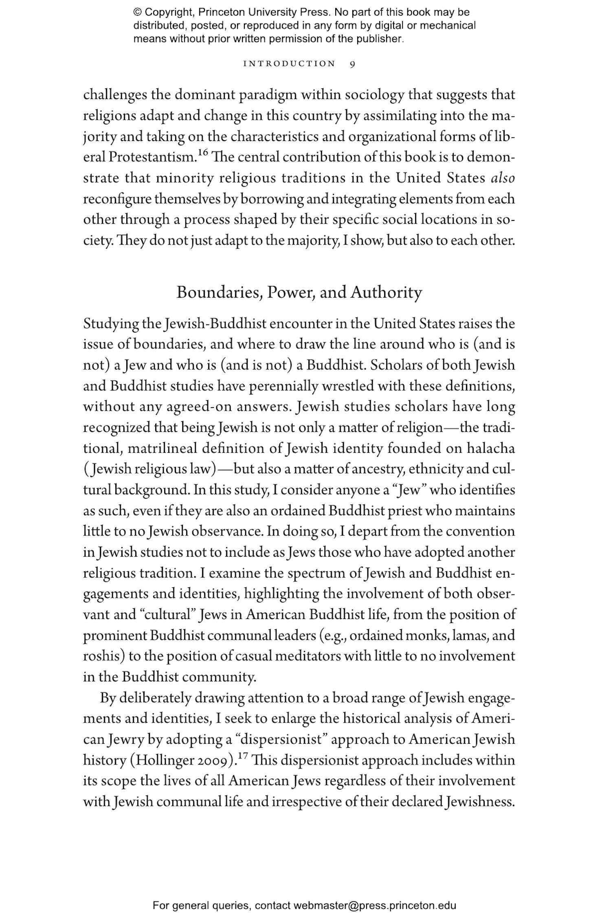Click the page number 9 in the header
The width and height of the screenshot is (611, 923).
point(352,64)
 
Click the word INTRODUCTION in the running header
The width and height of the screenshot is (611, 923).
point(289,64)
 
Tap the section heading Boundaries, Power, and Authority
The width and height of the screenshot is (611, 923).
point(299,293)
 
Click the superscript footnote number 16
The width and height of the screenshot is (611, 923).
point(203,153)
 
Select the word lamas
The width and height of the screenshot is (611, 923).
point(468,635)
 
